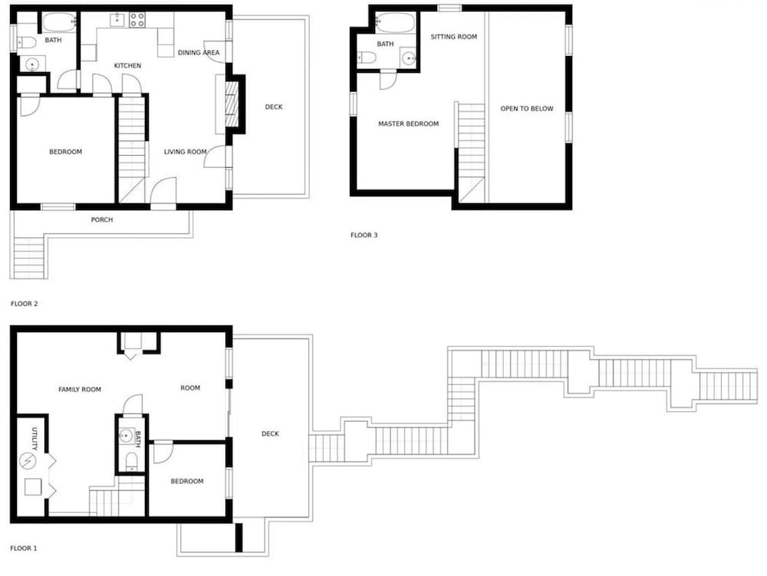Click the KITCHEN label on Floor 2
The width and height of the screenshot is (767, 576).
pos(127,65)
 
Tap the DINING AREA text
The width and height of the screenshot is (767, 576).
pos(199,53)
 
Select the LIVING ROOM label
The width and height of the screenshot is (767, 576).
pos(186,152)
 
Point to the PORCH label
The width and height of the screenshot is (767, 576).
pos(102,220)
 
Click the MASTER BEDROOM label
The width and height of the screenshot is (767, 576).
pos(409,124)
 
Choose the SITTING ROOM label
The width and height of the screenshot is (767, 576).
pos(454,37)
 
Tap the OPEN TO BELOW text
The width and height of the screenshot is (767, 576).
pos(527,109)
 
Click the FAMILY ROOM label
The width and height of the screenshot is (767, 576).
pos(80,390)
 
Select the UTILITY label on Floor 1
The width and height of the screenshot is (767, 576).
pos(35,439)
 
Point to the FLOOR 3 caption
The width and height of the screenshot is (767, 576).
pos(364,235)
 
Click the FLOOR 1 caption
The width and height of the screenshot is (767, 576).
pos(24,548)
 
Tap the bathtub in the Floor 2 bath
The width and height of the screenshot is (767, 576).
pos(59,22)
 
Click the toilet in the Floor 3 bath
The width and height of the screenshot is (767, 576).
pos(366,58)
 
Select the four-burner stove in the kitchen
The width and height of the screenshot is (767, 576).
pos(137,20)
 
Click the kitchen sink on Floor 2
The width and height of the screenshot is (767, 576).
pos(117,20)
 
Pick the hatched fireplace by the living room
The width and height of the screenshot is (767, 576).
pos(230,104)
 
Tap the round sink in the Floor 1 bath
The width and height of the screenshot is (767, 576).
pos(127,435)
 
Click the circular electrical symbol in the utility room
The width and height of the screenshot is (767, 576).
pos(28,461)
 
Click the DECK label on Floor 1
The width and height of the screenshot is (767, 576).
pos(270,434)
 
